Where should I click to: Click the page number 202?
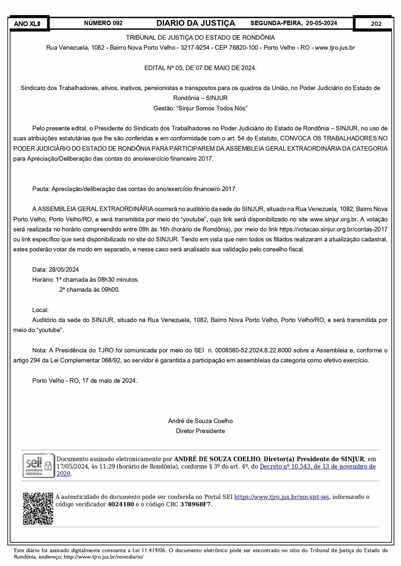pyautogui.click(x=376, y=24)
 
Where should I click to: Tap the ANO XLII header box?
pyautogui.click(x=27, y=24)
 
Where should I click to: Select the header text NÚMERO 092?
pyautogui.click(x=103, y=23)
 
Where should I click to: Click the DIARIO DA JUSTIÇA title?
pyautogui.click(x=195, y=23)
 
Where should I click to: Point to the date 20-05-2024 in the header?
pyautogui.click(x=321, y=23)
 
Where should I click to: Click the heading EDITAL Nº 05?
pyautogui.click(x=200, y=68)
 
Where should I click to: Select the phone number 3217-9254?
pyautogui.click(x=195, y=48)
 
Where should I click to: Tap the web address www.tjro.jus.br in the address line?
pyautogui.click(x=335, y=48)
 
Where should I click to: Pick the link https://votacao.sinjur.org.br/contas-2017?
pyautogui.click(x=333, y=229)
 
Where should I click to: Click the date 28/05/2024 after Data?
pyautogui.click(x=63, y=270)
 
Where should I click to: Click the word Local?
pyautogui.click(x=40, y=310)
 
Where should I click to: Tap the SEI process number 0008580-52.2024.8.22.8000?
pyautogui.click(x=256, y=350)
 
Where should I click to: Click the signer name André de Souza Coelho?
pyautogui.click(x=200, y=421)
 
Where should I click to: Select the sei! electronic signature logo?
pyautogui.click(x=38, y=465)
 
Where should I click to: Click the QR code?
pyautogui.click(x=38, y=508)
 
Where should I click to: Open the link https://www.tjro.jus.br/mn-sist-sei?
pyautogui.click(x=282, y=497)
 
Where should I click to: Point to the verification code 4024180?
pyautogui.click(x=121, y=505)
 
